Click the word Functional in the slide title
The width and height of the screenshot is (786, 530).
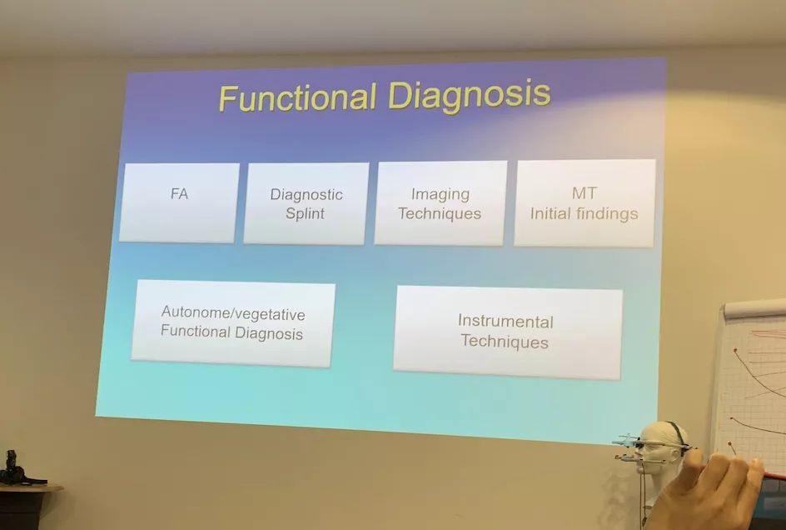pos(298,97)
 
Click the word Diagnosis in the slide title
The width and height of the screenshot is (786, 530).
pos(470,95)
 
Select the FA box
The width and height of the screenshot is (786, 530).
pos(179,202)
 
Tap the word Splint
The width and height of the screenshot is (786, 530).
pos(305,214)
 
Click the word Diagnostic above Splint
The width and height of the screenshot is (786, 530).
pos(306,195)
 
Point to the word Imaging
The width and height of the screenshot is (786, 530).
pos(440,194)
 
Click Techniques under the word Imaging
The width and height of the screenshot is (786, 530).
pos(440,214)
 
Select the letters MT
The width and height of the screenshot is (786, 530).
pos(584,193)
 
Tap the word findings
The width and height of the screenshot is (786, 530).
pos(606,214)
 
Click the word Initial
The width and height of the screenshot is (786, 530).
pos(550,214)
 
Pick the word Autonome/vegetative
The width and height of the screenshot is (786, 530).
pos(233,313)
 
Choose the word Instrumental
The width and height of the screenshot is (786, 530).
pos(505,321)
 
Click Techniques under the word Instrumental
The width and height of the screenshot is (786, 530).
pos(505,341)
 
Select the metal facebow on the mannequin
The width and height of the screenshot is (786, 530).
pos(652,447)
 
